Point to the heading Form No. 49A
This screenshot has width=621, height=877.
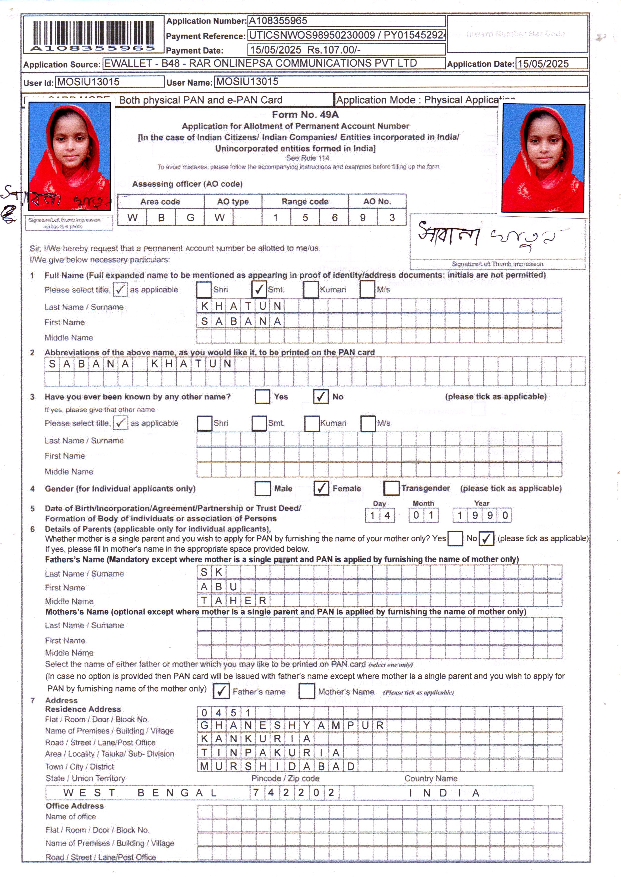[x=305, y=114]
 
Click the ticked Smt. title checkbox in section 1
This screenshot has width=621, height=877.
[x=259, y=289]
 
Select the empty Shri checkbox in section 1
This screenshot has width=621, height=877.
[x=204, y=289]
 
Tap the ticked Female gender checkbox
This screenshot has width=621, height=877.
[x=321, y=488]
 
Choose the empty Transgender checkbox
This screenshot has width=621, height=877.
[x=391, y=488]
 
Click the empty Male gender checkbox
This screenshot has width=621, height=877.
[x=263, y=488]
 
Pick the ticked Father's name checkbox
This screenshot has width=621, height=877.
[x=221, y=691]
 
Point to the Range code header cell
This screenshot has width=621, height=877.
[x=305, y=201]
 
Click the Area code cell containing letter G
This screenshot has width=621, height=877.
[x=190, y=217]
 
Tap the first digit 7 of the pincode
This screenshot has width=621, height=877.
[x=256, y=792]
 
